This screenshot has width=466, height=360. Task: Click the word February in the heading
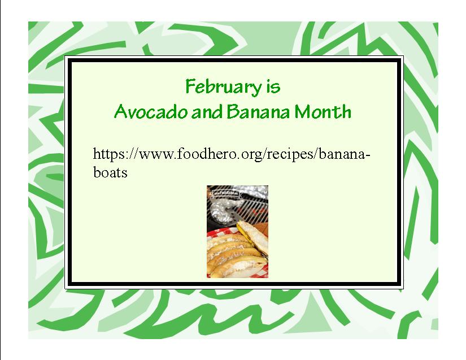(224, 87)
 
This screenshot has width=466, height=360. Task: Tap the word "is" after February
(273, 86)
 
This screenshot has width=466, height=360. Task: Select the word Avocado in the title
(151, 111)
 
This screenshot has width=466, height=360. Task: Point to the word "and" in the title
(207, 111)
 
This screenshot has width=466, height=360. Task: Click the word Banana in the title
(258, 111)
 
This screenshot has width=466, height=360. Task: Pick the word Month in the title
(323, 111)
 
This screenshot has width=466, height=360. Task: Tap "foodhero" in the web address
(205, 154)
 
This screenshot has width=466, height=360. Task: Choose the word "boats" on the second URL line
(110, 172)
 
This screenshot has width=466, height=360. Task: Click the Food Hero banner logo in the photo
(224, 193)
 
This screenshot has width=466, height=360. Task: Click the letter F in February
(190, 86)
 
